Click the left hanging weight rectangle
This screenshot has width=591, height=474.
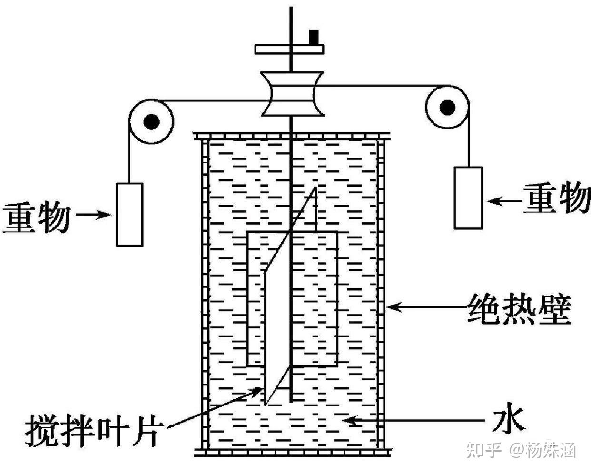129,215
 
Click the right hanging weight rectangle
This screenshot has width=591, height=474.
468,197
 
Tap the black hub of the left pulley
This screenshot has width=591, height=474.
151,121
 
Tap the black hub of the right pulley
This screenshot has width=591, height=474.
447,108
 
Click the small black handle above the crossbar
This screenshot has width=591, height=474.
314,37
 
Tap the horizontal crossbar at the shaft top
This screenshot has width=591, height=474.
289,49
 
